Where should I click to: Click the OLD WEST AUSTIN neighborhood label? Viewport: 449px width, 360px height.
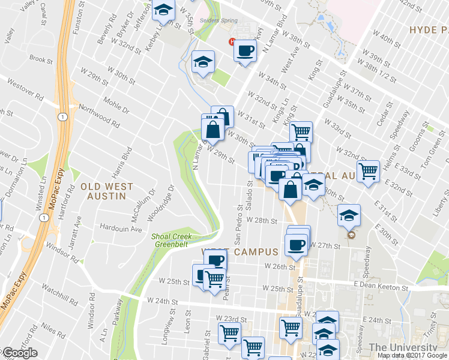pyautogui.click(x=103, y=191)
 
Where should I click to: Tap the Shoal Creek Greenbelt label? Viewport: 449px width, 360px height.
pyautogui.click(x=172, y=240)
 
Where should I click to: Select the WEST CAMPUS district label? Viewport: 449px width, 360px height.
pyautogui.click(x=240, y=252)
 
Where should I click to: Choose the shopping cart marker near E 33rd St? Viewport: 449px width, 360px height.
pyautogui.click(x=367, y=170)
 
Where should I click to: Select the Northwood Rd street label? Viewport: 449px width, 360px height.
pyautogui.click(x=98, y=113)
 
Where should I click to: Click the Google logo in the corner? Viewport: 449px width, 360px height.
pyautogui.click(x=20, y=353)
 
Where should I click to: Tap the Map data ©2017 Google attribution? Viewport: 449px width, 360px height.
pyautogui.click(x=412, y=355)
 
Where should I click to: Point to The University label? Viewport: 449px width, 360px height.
pyautogui.click(x=403, y=347)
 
